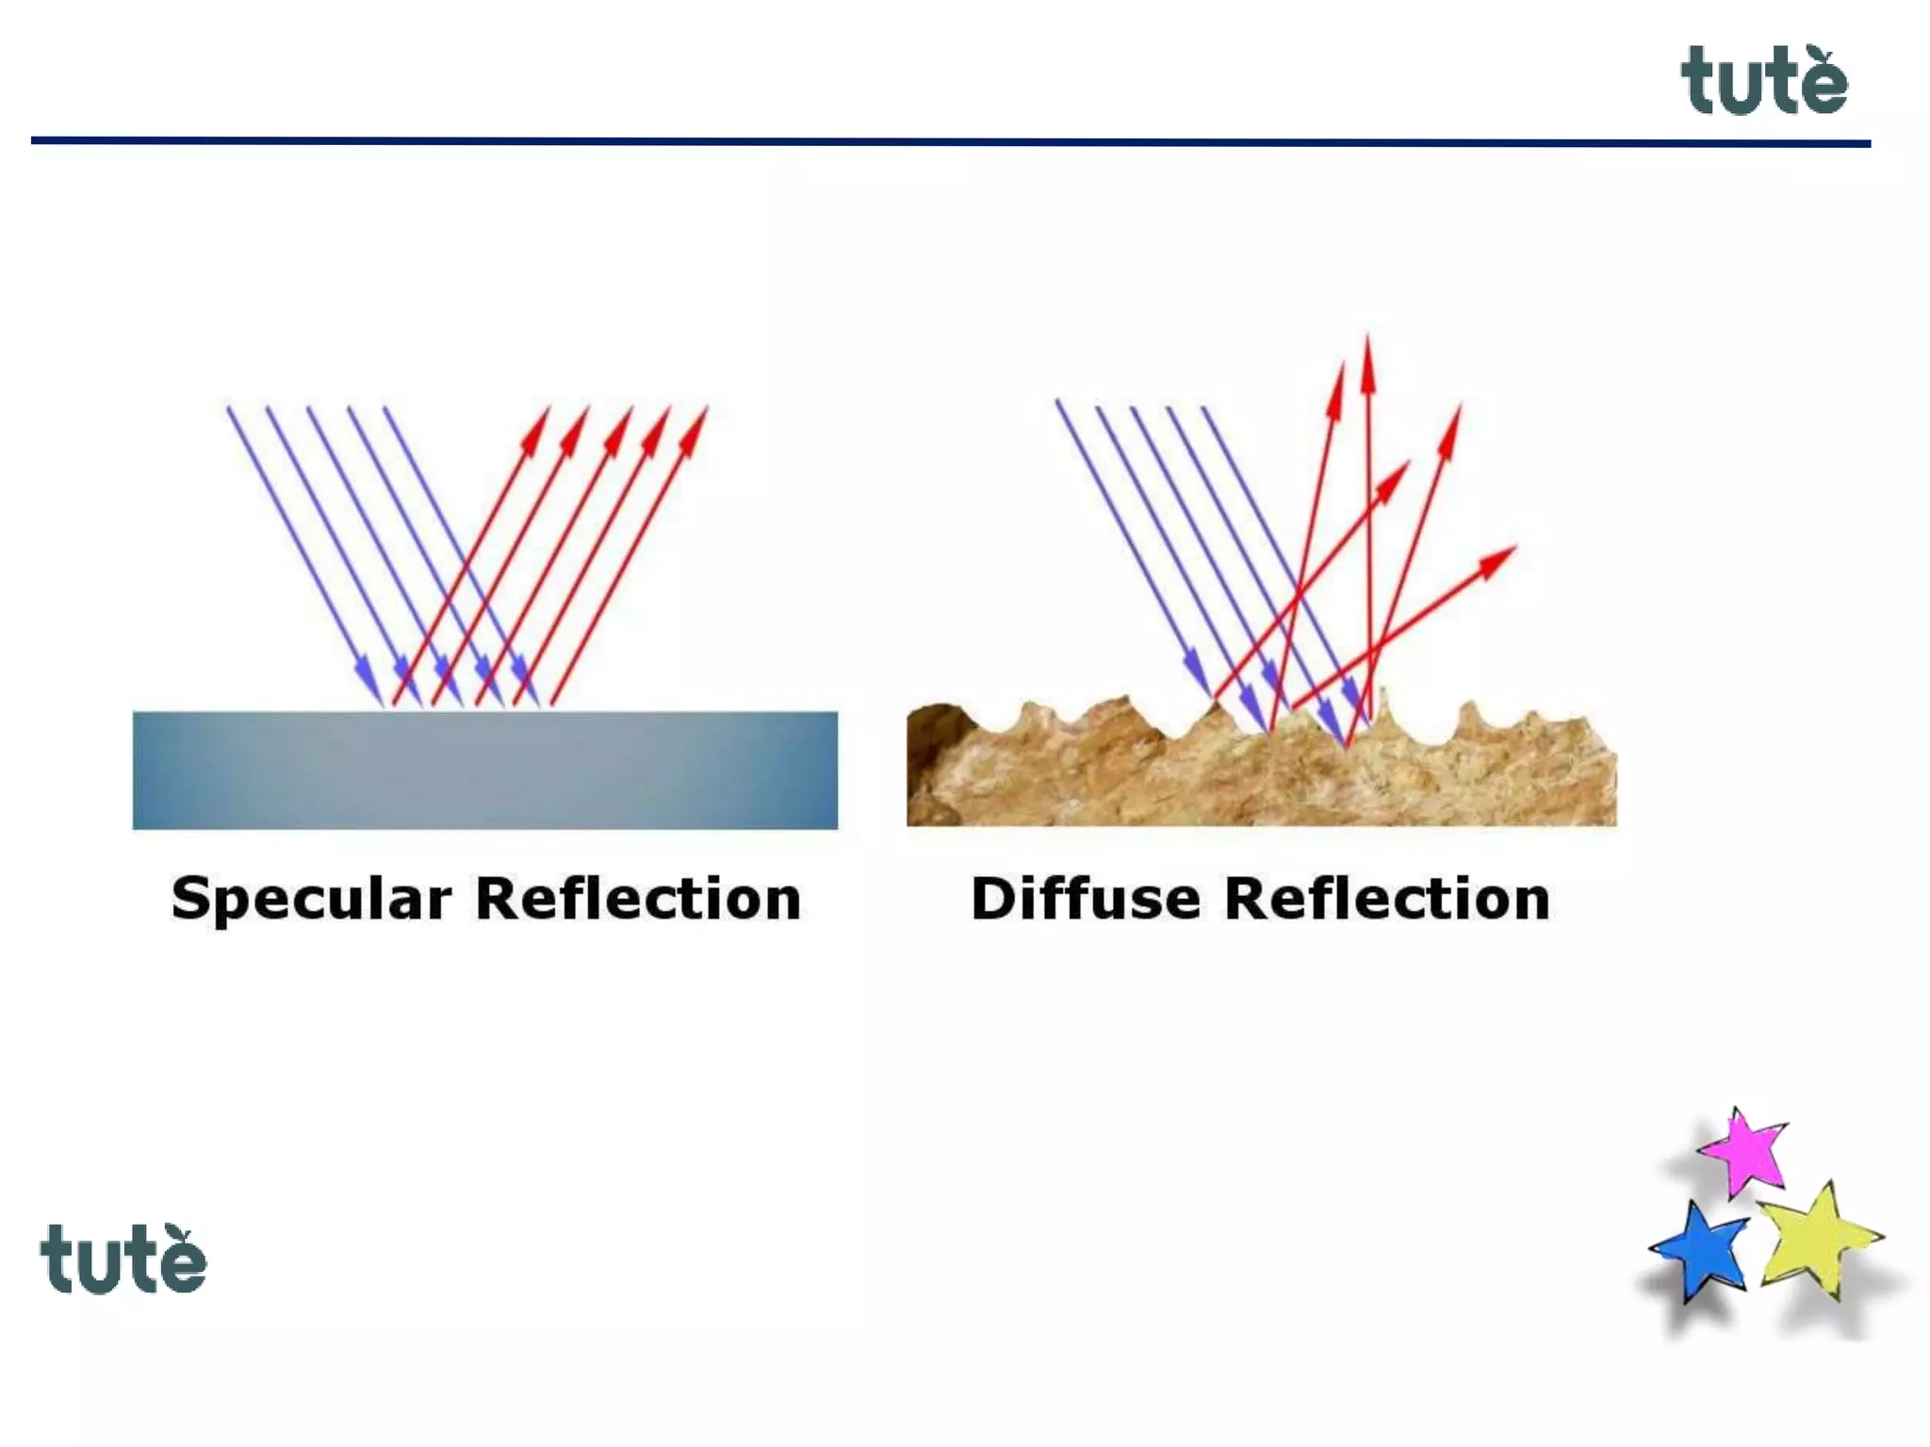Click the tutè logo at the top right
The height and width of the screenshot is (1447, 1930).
point(1763,82)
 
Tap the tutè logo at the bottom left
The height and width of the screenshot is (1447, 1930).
point(123,1260)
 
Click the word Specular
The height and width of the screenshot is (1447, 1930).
point(311,899)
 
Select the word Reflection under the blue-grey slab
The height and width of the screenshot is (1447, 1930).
point(638,899)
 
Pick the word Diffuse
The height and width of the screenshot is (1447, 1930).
point(1086,899)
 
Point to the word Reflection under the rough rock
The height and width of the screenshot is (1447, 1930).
point(1386,899)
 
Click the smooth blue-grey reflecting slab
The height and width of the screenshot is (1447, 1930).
point(484,770)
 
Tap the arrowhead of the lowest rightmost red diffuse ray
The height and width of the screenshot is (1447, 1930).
point(1499,558)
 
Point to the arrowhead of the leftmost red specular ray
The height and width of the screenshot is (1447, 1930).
point(538,425)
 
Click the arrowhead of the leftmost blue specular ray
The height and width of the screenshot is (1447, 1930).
point(370,683)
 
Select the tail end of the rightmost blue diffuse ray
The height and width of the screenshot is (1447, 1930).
point(1204,409)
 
